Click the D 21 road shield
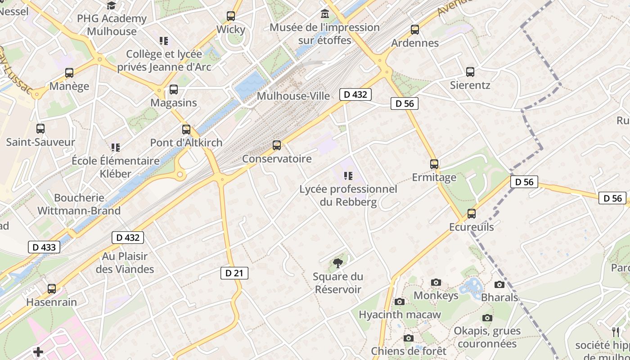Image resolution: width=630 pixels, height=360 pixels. pyautogui.click(x=234, y=273)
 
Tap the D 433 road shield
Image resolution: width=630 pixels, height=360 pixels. pyautogui.click(x=44, y=247)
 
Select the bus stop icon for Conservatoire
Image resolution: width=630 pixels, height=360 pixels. pyautogui.click(x=277, y=145)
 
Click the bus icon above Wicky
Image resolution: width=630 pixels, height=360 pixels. pyautogui.click(x=231, y=16)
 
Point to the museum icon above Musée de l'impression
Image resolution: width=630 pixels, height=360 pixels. pyautogui.click(x=324, y=14)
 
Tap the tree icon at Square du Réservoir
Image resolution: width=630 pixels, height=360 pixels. pyautogui.click(x=337, y=263)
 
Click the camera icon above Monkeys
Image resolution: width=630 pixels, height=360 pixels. pyautogui.click(x=436, y=282)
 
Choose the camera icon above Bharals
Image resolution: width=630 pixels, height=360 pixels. pyautogui.click(x=499, y=284)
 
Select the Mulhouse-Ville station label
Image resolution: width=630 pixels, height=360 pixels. pyautogui.click(x=293, y=96)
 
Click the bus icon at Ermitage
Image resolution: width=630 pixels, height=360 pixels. pyautogui.click(x=434, y=164)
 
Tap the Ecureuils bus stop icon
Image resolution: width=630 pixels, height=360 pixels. pyautogui.click(x=471, y=214)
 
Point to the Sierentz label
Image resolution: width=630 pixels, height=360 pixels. pyautogui.click(x=470, y=85)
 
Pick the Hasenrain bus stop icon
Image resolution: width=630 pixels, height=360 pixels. pyautogui.click(x=52, y=289)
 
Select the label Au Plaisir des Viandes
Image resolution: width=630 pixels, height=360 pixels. pyautogui.click(x=125, y=263)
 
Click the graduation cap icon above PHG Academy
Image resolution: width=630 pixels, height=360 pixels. pyautogui.click(x=111, y=5)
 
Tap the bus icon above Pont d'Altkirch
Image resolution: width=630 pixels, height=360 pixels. pyautogui.click(x=186, y=130)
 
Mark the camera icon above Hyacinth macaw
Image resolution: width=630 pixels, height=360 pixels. pyautogui.click(x=400, y=301)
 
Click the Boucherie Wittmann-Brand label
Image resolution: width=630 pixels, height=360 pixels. pyautogui.click(x=79, y=204)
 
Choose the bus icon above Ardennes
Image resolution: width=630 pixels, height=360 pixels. pyautogui.click(x=415, y=30)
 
